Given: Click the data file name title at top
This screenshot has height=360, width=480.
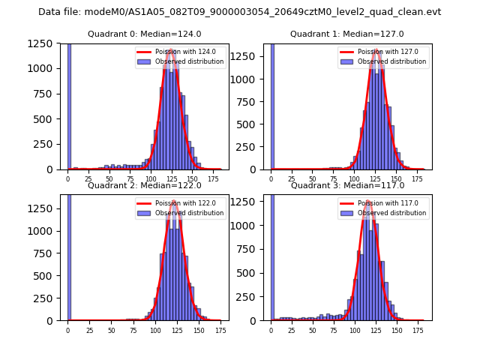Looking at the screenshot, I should click(x=239, y=12).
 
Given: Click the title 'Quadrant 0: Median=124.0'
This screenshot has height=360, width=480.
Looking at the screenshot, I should click(x=145, y=34).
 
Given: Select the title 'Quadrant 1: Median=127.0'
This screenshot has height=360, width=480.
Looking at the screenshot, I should click(x=347, y=34).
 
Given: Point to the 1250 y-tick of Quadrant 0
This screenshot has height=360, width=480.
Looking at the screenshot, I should click(x=43, y=43).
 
